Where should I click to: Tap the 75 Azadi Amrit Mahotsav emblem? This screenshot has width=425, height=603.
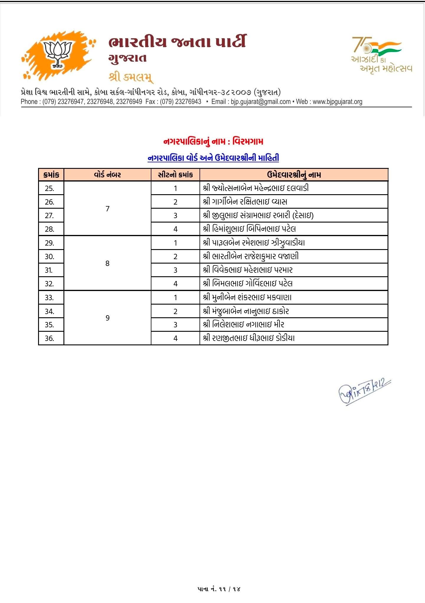click(x=381, y=55)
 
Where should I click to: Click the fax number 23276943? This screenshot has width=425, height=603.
click(x=188, y=102)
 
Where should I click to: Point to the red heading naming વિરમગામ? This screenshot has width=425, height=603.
click(x=213, y=141)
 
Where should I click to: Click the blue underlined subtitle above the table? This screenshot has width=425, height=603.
click(x=213, y=158)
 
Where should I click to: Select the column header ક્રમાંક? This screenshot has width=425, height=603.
click(x=51, y=175)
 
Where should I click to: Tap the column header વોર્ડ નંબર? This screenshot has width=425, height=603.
click(x=107, y=175)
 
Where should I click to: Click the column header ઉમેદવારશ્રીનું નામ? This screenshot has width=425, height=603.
click(x=294, y=175)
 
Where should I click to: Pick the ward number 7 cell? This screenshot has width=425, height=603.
click(x=107, y=209)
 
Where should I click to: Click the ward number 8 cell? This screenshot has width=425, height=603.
click(x=107, y=263)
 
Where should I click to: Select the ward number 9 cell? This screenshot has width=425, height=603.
click(x=107, y=318)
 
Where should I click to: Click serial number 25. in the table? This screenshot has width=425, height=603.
click(x=50, y=188)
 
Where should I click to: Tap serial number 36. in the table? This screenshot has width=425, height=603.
click(x=50, y=338)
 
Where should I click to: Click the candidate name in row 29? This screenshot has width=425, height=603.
click(x=254, y=243)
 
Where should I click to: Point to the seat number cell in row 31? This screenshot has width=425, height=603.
click(x=175, y=270)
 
